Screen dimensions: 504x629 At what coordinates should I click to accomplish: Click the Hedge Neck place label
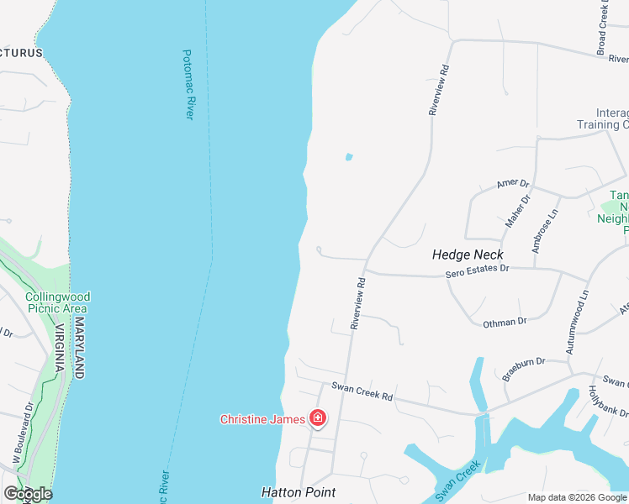tap(468, 255)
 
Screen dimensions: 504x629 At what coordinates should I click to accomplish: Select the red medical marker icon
tap(318, 418)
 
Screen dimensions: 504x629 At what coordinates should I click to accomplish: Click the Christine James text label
tap(263, 419)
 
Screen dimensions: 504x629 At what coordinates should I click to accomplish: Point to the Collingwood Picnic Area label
tap(57, 302)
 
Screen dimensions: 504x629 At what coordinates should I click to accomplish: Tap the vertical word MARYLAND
tap(80, 347)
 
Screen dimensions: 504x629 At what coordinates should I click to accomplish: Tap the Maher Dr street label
tap(517, 211)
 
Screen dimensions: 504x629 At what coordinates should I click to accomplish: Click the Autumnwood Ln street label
tap(576, 322)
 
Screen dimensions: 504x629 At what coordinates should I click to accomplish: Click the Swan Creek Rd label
tap(362, 391)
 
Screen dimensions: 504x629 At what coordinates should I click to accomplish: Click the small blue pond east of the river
tap(348, 156)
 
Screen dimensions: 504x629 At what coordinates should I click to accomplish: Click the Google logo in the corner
tap(28, 494)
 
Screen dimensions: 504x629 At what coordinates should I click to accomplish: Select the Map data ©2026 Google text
tap(577, 497)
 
